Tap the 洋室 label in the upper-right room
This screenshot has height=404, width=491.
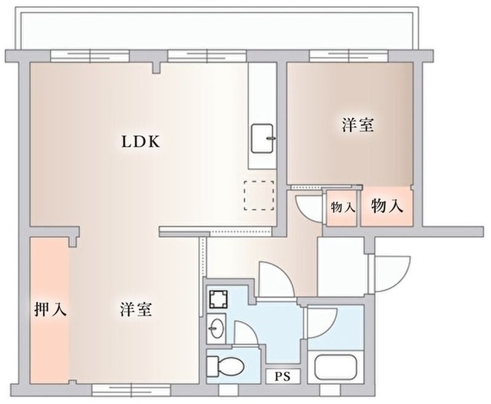coord(358,124)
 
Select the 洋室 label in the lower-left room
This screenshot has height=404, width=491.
coord(135,310)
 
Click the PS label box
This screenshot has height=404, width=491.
coord(282,376)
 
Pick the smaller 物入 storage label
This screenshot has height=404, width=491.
coord(342,207)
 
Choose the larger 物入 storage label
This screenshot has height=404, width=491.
coord(388,206)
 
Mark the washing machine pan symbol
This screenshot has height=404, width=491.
coord(219,299)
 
